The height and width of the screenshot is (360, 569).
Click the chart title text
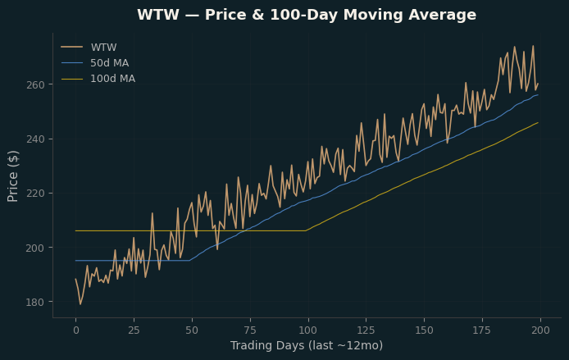[307, 15]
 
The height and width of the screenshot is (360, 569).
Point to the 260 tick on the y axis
[35, 84]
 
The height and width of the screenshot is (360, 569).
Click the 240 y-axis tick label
[35, 139]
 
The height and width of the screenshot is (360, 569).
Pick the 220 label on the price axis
[35, 193]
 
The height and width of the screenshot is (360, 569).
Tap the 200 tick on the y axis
[35, 248]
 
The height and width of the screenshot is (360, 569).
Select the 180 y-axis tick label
[35, 302]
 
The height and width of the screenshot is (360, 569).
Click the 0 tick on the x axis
[76, 330]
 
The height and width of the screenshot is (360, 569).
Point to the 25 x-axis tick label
[134, 330]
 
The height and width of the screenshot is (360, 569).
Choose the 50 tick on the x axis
[192, 330]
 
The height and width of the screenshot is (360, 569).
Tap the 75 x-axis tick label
[250, 330]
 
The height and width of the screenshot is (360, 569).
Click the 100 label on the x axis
[308, 330]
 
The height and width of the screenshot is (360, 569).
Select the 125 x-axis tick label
[366, 330]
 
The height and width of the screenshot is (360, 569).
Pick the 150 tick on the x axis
[424, 330]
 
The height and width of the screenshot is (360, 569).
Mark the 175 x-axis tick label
[482, 330]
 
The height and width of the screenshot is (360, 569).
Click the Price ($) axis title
[12, 176]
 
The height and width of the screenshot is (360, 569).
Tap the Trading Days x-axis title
[307, 345]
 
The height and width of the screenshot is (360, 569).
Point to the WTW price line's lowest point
[80, 304]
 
